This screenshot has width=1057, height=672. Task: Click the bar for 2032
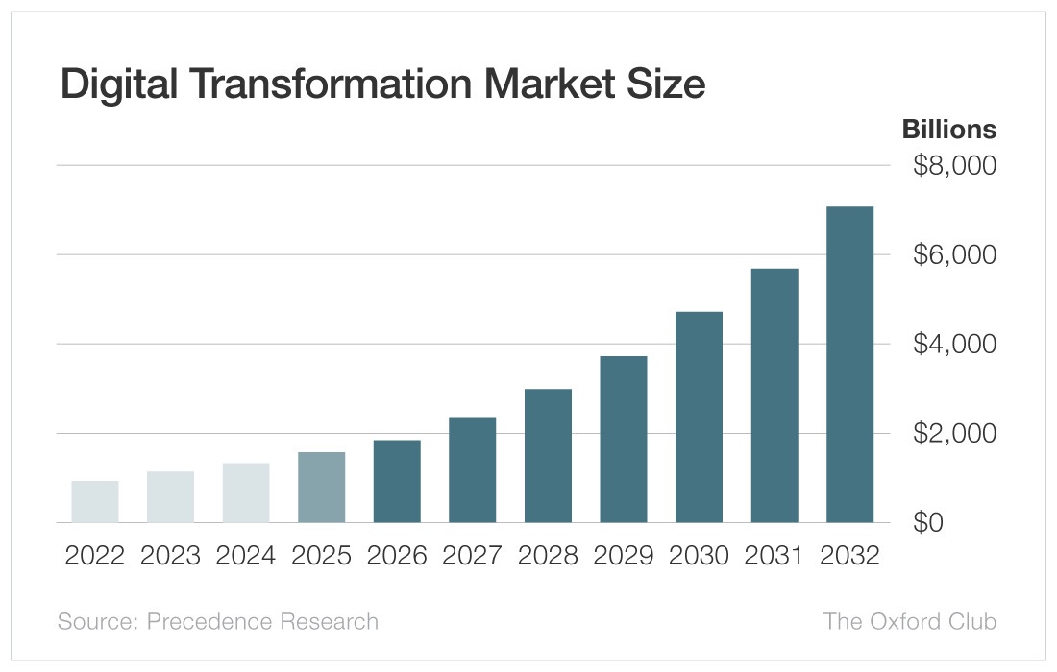click(x=849, y=365)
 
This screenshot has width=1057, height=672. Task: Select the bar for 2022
click(x=95, y=501)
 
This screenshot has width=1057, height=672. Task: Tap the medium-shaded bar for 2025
click(x=322, y=487)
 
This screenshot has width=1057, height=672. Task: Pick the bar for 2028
click(x=548, y=456)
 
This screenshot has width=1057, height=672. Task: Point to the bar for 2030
click(x=699, y=418)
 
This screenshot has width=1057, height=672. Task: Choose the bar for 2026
click(x=397, y=481)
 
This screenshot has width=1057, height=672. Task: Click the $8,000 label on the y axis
click(x=953, y=166)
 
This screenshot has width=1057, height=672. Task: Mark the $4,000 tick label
click(x=953, y=344)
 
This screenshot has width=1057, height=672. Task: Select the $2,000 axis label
click(x=953, y=434)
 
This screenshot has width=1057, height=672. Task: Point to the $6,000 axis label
click(x=953, y=255)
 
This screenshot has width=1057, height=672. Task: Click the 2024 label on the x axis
click(x=246, y=556)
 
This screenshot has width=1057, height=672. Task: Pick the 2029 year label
click(x=623, y=556)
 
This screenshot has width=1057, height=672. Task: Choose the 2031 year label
click(x=774, y=556)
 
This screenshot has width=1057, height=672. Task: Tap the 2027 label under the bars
click(x=472, y=556)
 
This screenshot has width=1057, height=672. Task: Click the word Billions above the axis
click(x=948, y=129)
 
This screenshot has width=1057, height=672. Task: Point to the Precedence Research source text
click(x=262, y=621)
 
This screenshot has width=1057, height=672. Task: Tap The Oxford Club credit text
click(x=910, y=621)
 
